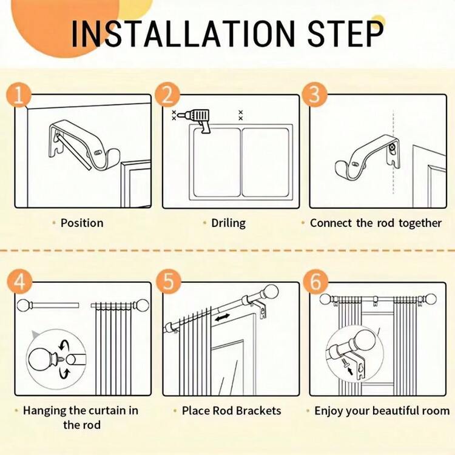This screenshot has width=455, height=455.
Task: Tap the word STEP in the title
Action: click(346, 33)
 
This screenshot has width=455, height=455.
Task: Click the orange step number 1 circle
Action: click(19, 94)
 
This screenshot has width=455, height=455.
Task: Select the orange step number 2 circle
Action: click(167, 94)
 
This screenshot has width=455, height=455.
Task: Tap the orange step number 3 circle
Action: click(314, 94)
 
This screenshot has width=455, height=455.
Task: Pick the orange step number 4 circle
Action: click(20, 281)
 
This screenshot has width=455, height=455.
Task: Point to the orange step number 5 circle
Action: click(168, 281)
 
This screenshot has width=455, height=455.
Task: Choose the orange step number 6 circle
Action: click(315, 281)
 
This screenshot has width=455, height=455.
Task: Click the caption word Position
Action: click(82, 223)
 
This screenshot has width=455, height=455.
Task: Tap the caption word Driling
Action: click(228, 223)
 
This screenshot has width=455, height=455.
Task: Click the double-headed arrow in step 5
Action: click(222, 318)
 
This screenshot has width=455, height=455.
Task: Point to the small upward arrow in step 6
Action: click(350, 371)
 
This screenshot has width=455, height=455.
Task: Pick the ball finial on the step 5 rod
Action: click(270, 292)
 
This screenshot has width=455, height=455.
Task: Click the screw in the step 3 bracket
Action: click(392, 147)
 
